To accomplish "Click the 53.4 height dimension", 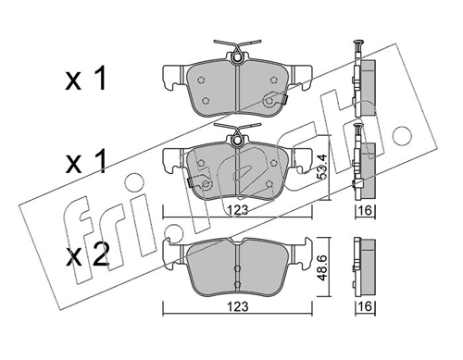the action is pos(322,166).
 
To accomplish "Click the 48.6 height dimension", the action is pos(322,267).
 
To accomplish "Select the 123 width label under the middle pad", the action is pos(237,210).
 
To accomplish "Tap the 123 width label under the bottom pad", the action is pos(237,307).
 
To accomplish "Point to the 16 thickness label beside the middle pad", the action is pos(365,211).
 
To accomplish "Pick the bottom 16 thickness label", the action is pos(365,307).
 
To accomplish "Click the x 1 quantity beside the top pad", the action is pos(85,80).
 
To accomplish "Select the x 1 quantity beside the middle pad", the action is pos(85,161).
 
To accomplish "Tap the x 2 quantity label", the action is pos(87,254).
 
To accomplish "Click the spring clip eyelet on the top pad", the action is pos(237,57).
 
